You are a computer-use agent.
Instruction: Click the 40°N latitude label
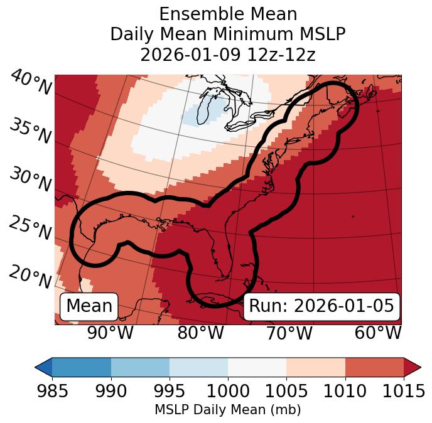point(31,83)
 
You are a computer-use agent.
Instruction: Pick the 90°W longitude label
point(111,333)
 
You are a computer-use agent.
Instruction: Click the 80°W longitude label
point(200,333)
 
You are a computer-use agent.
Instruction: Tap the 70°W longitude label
point(289,333)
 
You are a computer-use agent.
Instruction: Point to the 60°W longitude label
point(378,333)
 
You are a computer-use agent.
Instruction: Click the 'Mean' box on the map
point(89,306)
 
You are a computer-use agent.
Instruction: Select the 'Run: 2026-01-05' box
point(321,306)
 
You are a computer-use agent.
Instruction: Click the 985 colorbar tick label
point(52,391)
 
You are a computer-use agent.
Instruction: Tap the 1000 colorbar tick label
point(228,391)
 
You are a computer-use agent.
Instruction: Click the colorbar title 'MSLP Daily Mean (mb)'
point(228,410)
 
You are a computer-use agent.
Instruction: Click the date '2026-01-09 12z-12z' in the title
point(228,55)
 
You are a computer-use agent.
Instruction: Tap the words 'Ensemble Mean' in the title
point(228,14)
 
